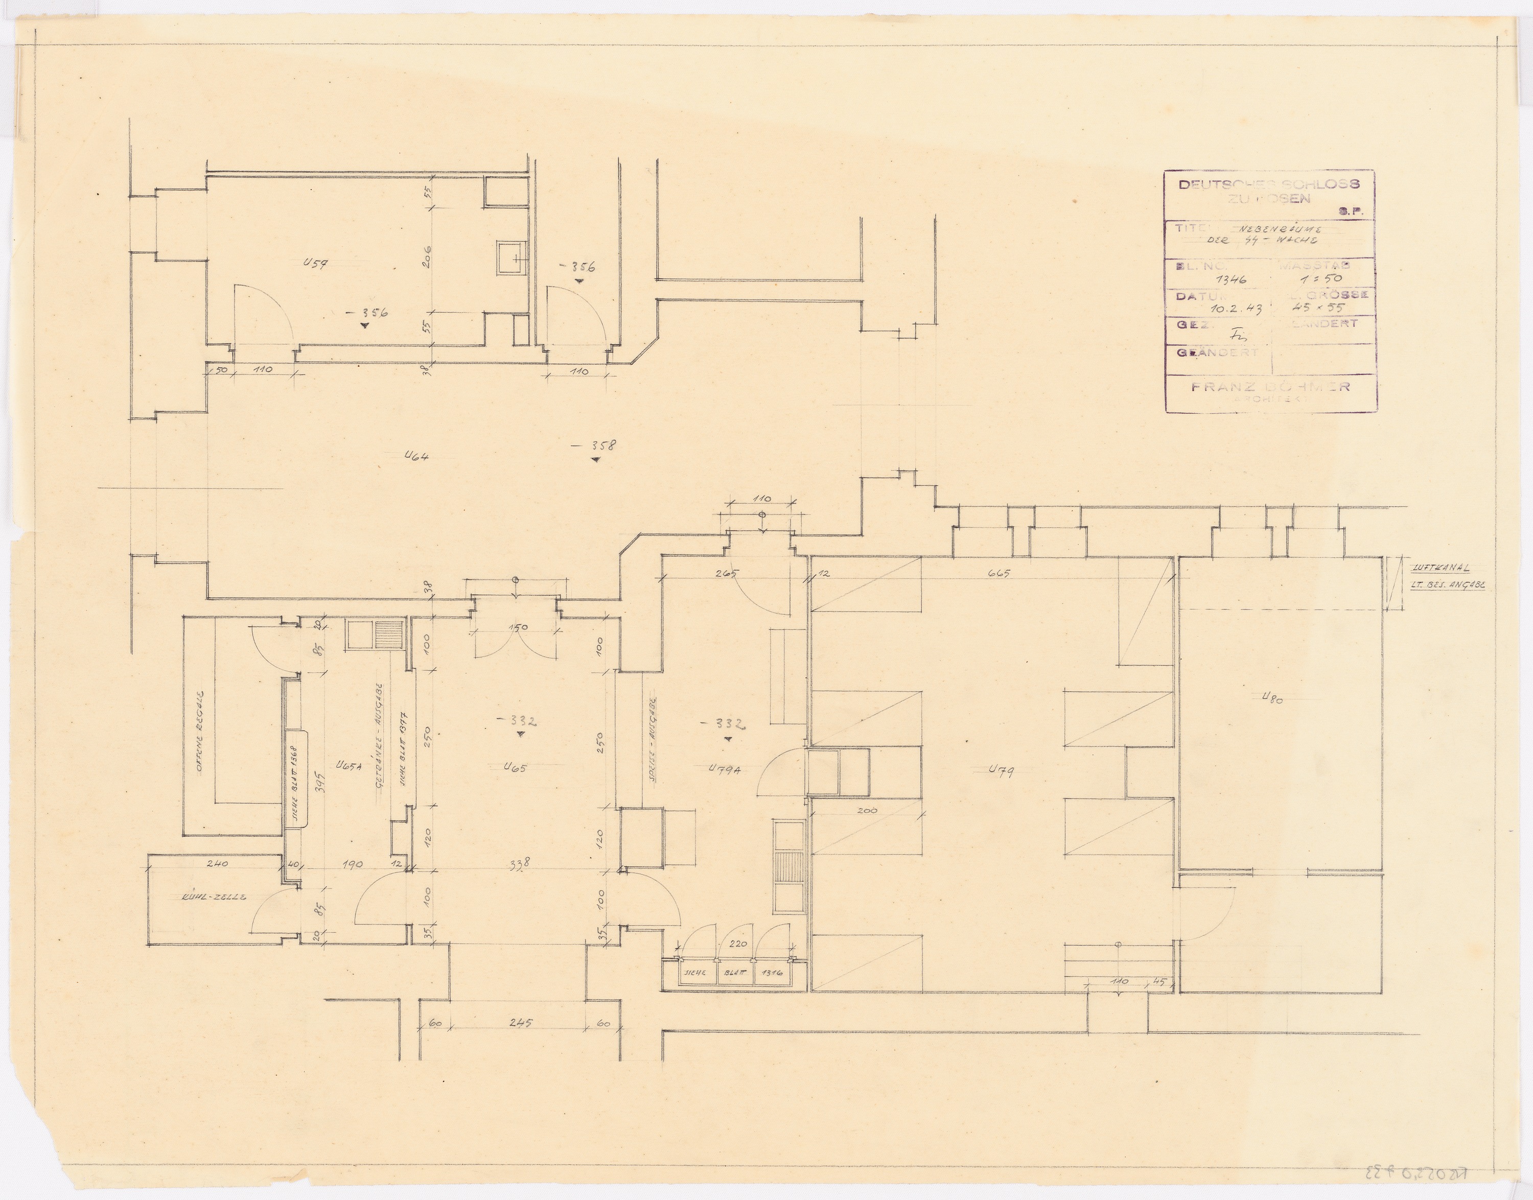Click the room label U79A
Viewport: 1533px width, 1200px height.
click(x=727, y=770)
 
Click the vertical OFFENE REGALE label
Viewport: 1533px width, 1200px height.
click(x=200, y=731)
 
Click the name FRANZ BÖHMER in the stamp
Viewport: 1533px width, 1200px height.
click(x=1270, y=386)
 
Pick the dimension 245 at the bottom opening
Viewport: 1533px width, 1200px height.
click(x=521, y=1023)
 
